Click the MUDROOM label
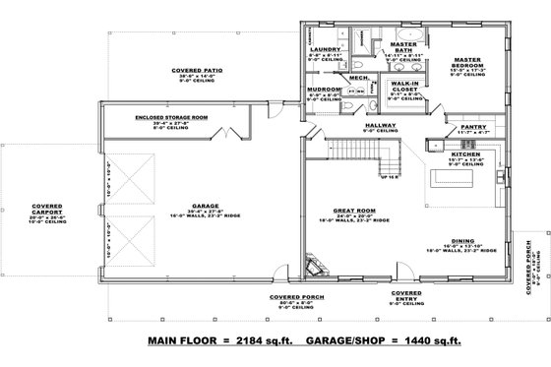(x=324, y=90)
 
